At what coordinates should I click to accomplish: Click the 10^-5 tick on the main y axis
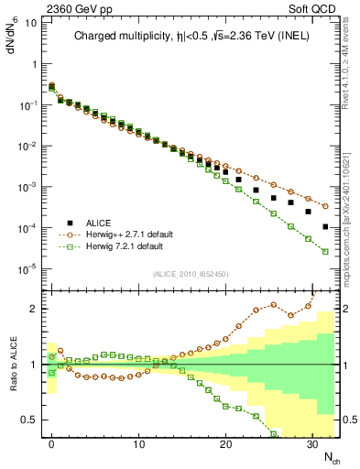click(28, 268)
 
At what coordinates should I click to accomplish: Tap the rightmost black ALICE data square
click(325, 226)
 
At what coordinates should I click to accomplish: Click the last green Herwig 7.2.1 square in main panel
click(325, 251)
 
